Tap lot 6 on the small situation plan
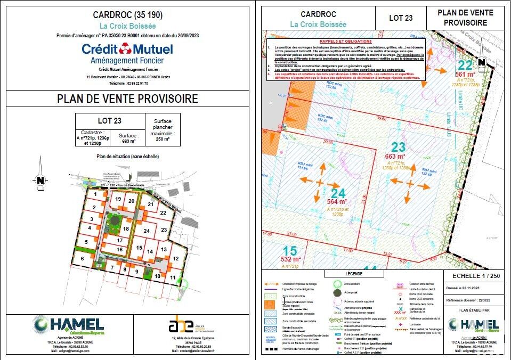click(83, 258)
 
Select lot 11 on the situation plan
click(172, 277)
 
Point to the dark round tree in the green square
click(113, 220)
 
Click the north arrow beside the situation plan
click(40, 180)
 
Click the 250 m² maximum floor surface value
click(163, 138)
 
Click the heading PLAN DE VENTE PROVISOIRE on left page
click(127, 99)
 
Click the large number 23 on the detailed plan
click(399, 146)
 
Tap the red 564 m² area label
click(336, 201)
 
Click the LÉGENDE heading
click(353, 273)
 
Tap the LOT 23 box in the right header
click(401, 18)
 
